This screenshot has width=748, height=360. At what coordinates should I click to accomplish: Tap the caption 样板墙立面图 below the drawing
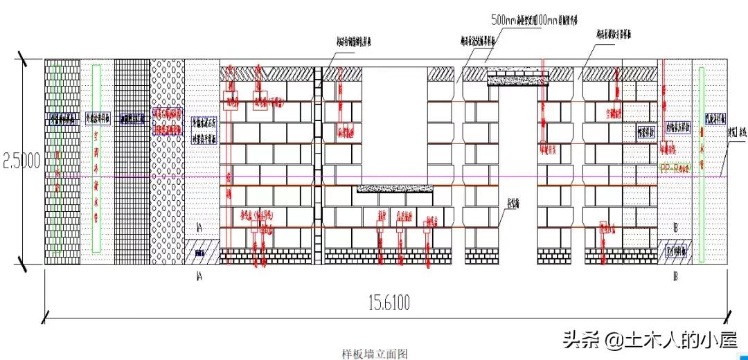click(x=375, y=354)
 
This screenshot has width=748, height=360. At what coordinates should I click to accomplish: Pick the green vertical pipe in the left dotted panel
click(x=96, y=163)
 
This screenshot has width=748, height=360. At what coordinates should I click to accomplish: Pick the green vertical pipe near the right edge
click(x=702, y=165)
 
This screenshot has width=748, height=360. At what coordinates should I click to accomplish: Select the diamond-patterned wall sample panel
click(x=167, y=163)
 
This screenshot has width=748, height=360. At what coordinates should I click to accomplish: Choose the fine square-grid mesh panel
click(x=132, y=163)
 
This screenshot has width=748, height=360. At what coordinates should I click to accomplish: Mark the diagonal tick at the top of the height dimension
click(x=24, y=60)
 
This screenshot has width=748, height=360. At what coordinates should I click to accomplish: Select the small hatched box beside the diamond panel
click(x=201, y=252)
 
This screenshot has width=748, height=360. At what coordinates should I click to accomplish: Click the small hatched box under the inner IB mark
click(x=675, y=251)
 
